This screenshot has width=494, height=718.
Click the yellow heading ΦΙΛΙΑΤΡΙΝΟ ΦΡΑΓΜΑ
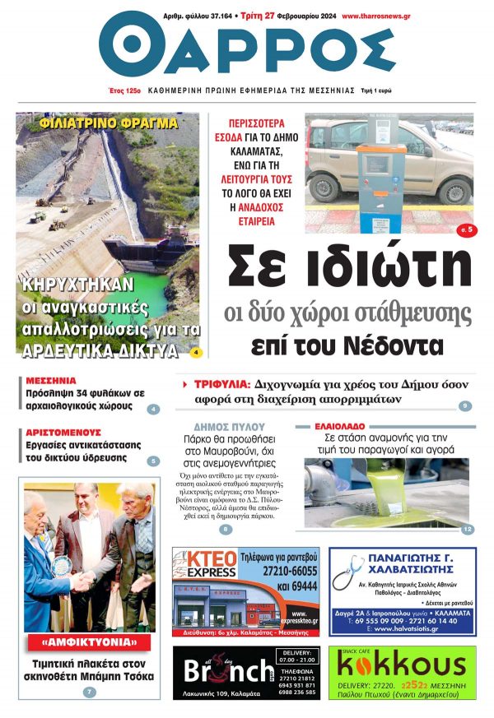coord(108,123)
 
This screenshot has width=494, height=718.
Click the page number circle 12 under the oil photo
coord(467,530)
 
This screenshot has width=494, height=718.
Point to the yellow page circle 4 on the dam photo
coord(195,352)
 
